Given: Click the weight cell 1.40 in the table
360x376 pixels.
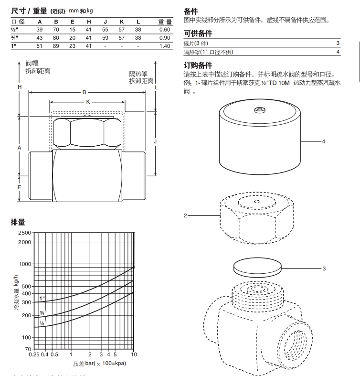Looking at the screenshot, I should [164, 46].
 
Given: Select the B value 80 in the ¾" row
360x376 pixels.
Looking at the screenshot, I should [56, 38].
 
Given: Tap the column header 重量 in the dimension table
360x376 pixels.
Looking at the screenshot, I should [165, 21].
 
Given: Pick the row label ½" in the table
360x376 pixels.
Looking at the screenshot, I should [14, 30].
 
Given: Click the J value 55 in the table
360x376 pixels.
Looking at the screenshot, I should [105, 30].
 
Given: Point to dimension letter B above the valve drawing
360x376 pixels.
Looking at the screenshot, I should [84, 92].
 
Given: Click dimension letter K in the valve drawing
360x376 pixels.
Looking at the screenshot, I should [87, 102].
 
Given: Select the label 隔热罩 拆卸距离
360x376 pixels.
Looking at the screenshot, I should [141, 77].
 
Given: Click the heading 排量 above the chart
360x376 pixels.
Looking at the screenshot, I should [18, 222].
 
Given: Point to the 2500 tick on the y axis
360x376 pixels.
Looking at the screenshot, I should [24, 233].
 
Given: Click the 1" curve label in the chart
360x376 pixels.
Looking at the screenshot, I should [42, 298].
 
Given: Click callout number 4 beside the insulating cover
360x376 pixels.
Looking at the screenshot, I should [323, 141].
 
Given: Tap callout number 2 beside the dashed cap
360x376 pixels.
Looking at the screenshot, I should [185, 215].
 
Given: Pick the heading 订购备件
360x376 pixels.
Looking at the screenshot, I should [198, 65].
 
